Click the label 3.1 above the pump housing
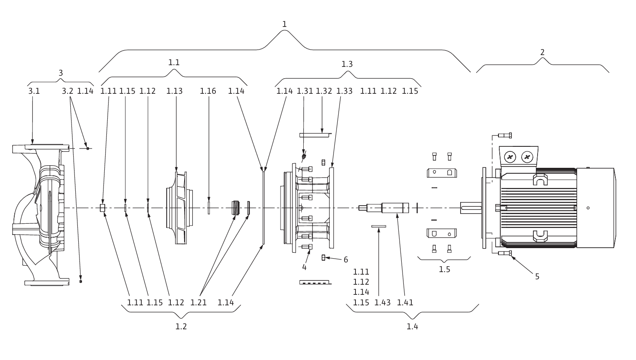click(x=34, y=91)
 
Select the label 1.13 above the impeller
click(x=174, y=91)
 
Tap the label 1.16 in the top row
click(x=208, y=91)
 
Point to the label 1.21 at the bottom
click(x=198, y=303)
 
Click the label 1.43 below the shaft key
click(x=382, y=303)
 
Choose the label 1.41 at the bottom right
click(x=405, y=303)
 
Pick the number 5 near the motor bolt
click(x=537, y=277)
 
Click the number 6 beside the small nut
click(x=346, y=260)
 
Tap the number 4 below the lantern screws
click(x=305, y=267)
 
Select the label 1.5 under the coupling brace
click(x=444, y=269)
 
